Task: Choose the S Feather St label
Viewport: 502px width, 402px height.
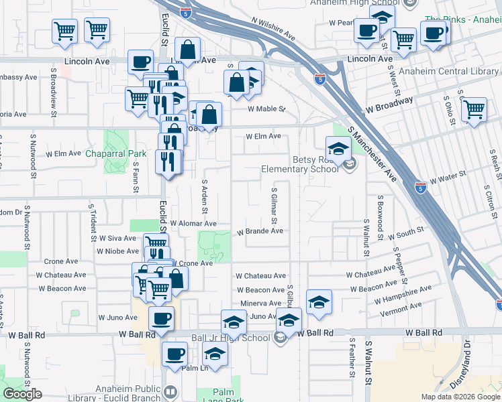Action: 350,356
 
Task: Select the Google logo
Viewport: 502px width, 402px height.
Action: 22,393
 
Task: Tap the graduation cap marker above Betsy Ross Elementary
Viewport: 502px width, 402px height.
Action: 338,147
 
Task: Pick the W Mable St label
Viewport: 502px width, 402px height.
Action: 266,109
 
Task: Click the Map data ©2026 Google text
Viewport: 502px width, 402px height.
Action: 460,397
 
